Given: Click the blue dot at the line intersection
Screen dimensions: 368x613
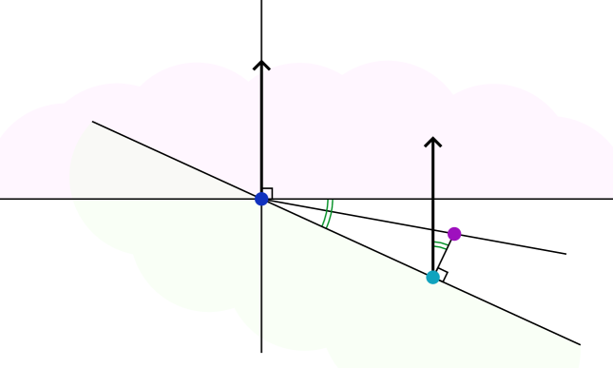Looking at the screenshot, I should [x=261, y=199].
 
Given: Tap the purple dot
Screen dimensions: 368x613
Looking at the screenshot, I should [x=454, y=234].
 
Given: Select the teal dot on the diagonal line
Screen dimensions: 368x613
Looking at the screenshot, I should [x=432, y=277].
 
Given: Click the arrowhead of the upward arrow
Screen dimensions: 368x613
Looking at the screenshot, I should [x=432, y=141].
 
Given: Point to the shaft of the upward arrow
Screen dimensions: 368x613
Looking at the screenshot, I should [x=432, y=171].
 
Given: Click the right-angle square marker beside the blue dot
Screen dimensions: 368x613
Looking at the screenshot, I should [x=268, y=192].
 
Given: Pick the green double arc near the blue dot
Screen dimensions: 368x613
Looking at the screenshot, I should [x=328, y=214].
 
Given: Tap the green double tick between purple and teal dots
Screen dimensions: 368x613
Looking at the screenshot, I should [x=441, y=245].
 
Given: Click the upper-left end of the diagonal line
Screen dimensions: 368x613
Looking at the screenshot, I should [x=92, y=122].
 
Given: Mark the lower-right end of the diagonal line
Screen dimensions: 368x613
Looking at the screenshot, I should [x=580, y=345].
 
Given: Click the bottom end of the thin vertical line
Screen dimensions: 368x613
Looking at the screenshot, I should [x=261, y=339].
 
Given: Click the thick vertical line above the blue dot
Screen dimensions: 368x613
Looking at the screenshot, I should [x=261, y=133].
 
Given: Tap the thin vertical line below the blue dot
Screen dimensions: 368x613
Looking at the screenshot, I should [x=261, y=276].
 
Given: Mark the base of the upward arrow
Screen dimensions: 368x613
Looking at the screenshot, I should [x=432, y=198].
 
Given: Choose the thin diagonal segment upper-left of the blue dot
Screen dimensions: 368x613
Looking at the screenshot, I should [x=176, y=160].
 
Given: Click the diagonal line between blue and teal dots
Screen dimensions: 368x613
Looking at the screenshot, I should [x=347, y=238].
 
